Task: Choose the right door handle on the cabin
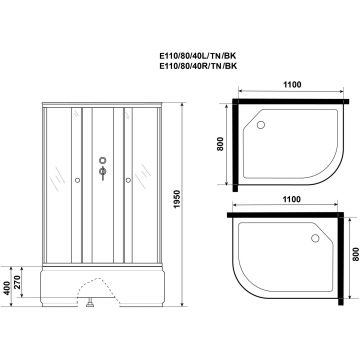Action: (x=126, y=180)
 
